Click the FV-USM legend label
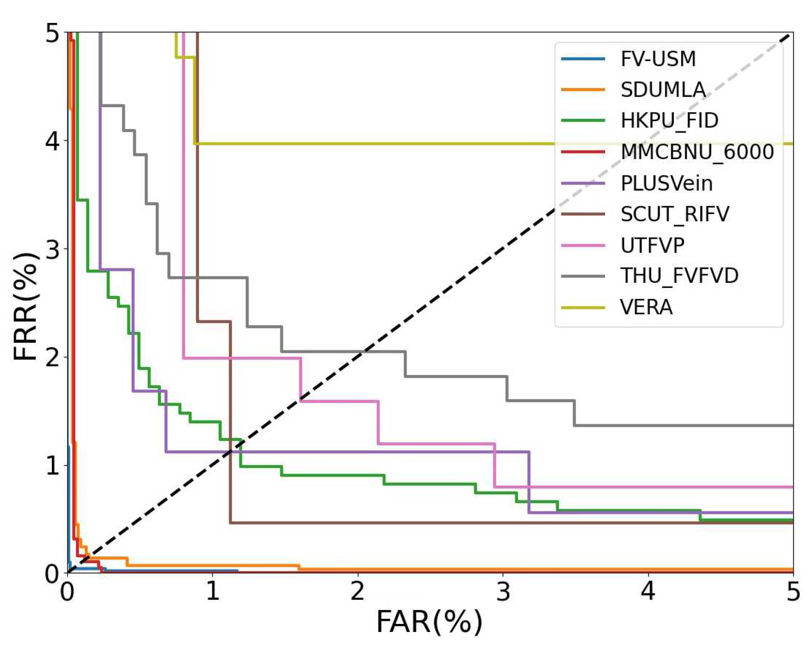658,59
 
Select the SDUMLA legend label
663,90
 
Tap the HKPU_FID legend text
669,121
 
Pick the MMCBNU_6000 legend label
697,152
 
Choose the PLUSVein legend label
666,183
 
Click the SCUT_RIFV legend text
675,214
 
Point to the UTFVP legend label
652,245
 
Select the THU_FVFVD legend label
679,276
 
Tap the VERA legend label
646,307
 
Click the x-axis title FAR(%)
429,622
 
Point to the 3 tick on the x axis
503,591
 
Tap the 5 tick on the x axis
793,591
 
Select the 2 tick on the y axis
53,357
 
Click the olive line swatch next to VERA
583,307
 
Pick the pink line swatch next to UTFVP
583,245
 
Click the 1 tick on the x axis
212,591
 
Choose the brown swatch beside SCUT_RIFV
583,214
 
